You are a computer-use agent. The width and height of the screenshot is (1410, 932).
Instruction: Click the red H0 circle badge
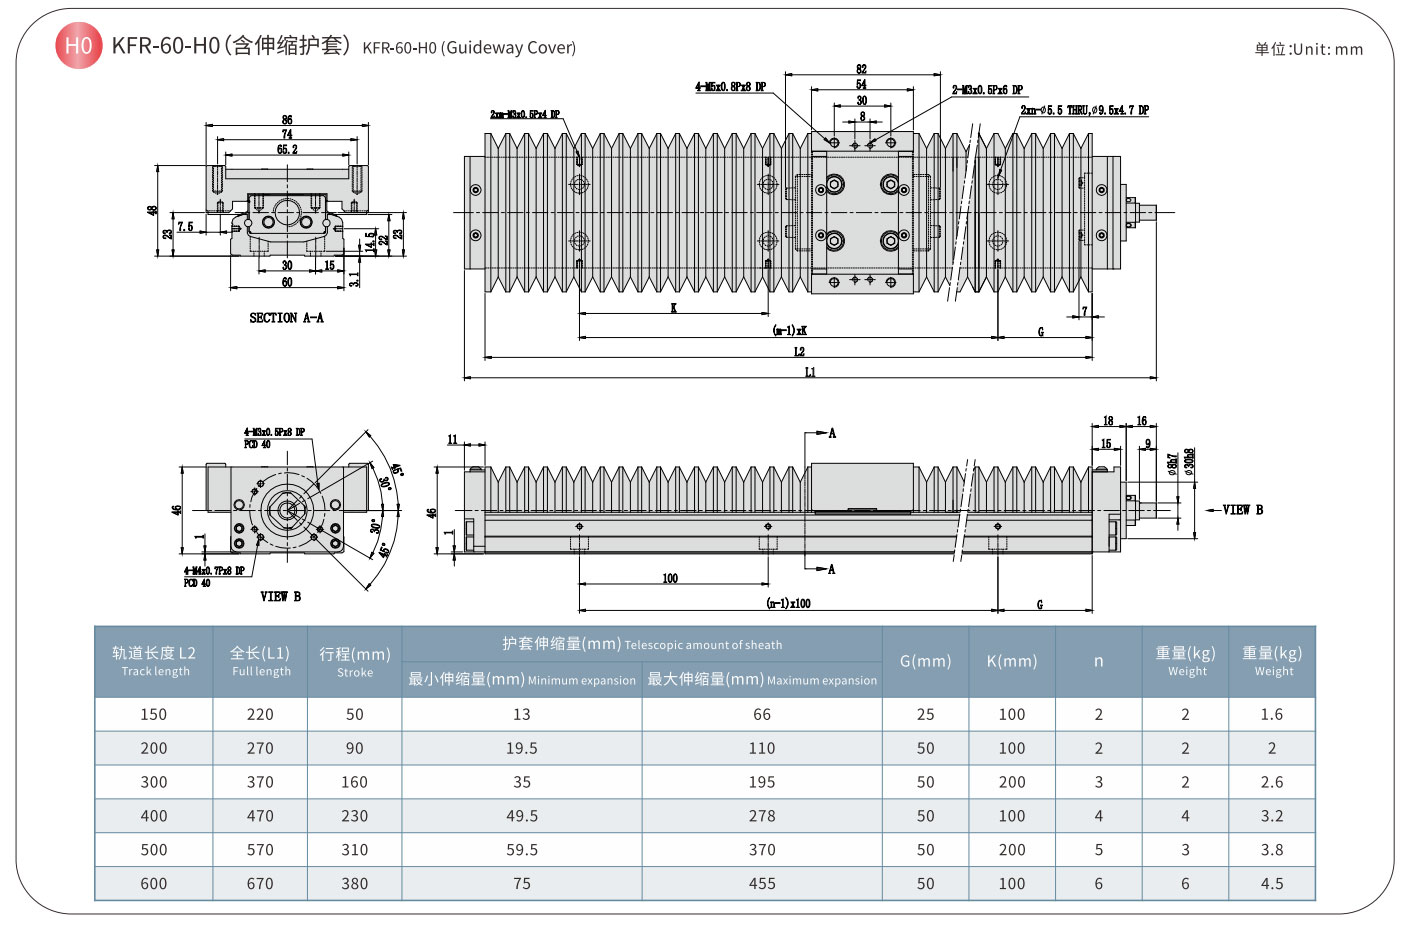coord(78,46)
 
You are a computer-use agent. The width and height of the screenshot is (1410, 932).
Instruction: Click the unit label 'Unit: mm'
coord(1308,49)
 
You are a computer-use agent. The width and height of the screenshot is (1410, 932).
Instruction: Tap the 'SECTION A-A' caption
coord(286,318)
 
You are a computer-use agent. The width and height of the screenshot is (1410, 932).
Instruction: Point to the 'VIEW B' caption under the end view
coord(280,596)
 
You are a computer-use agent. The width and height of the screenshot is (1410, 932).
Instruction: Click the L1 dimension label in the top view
coord(810,372)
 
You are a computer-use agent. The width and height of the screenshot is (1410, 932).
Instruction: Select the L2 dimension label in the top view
coord(799,351)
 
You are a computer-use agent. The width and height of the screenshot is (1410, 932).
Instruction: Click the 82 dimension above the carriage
coord(861,69)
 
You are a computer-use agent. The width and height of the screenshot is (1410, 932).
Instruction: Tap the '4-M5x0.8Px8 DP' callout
coord(731,87)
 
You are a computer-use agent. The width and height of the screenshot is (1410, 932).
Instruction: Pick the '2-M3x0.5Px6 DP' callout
coord(987,90)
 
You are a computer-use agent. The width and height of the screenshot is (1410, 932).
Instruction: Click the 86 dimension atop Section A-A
coord(287,120)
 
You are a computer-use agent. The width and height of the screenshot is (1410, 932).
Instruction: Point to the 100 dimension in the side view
coord(670,578)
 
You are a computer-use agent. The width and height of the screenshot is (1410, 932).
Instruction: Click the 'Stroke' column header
coord(354,662)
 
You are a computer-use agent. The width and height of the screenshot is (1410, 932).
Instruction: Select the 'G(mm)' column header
coord(925,661)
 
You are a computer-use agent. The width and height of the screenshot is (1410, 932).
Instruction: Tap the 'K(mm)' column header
coord(1011,661)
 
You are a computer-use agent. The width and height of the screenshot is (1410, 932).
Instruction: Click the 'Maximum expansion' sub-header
coord(762,680)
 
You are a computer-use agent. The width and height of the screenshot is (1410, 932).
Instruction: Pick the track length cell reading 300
coord(154,782)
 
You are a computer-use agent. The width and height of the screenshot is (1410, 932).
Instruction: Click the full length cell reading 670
coord(260,884)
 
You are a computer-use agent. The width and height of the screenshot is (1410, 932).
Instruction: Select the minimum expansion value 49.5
coord(522,816)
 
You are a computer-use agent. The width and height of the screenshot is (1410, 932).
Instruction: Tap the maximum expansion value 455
coord(762,884)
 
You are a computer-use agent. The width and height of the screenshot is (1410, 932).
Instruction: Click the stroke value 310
coord(354,850)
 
